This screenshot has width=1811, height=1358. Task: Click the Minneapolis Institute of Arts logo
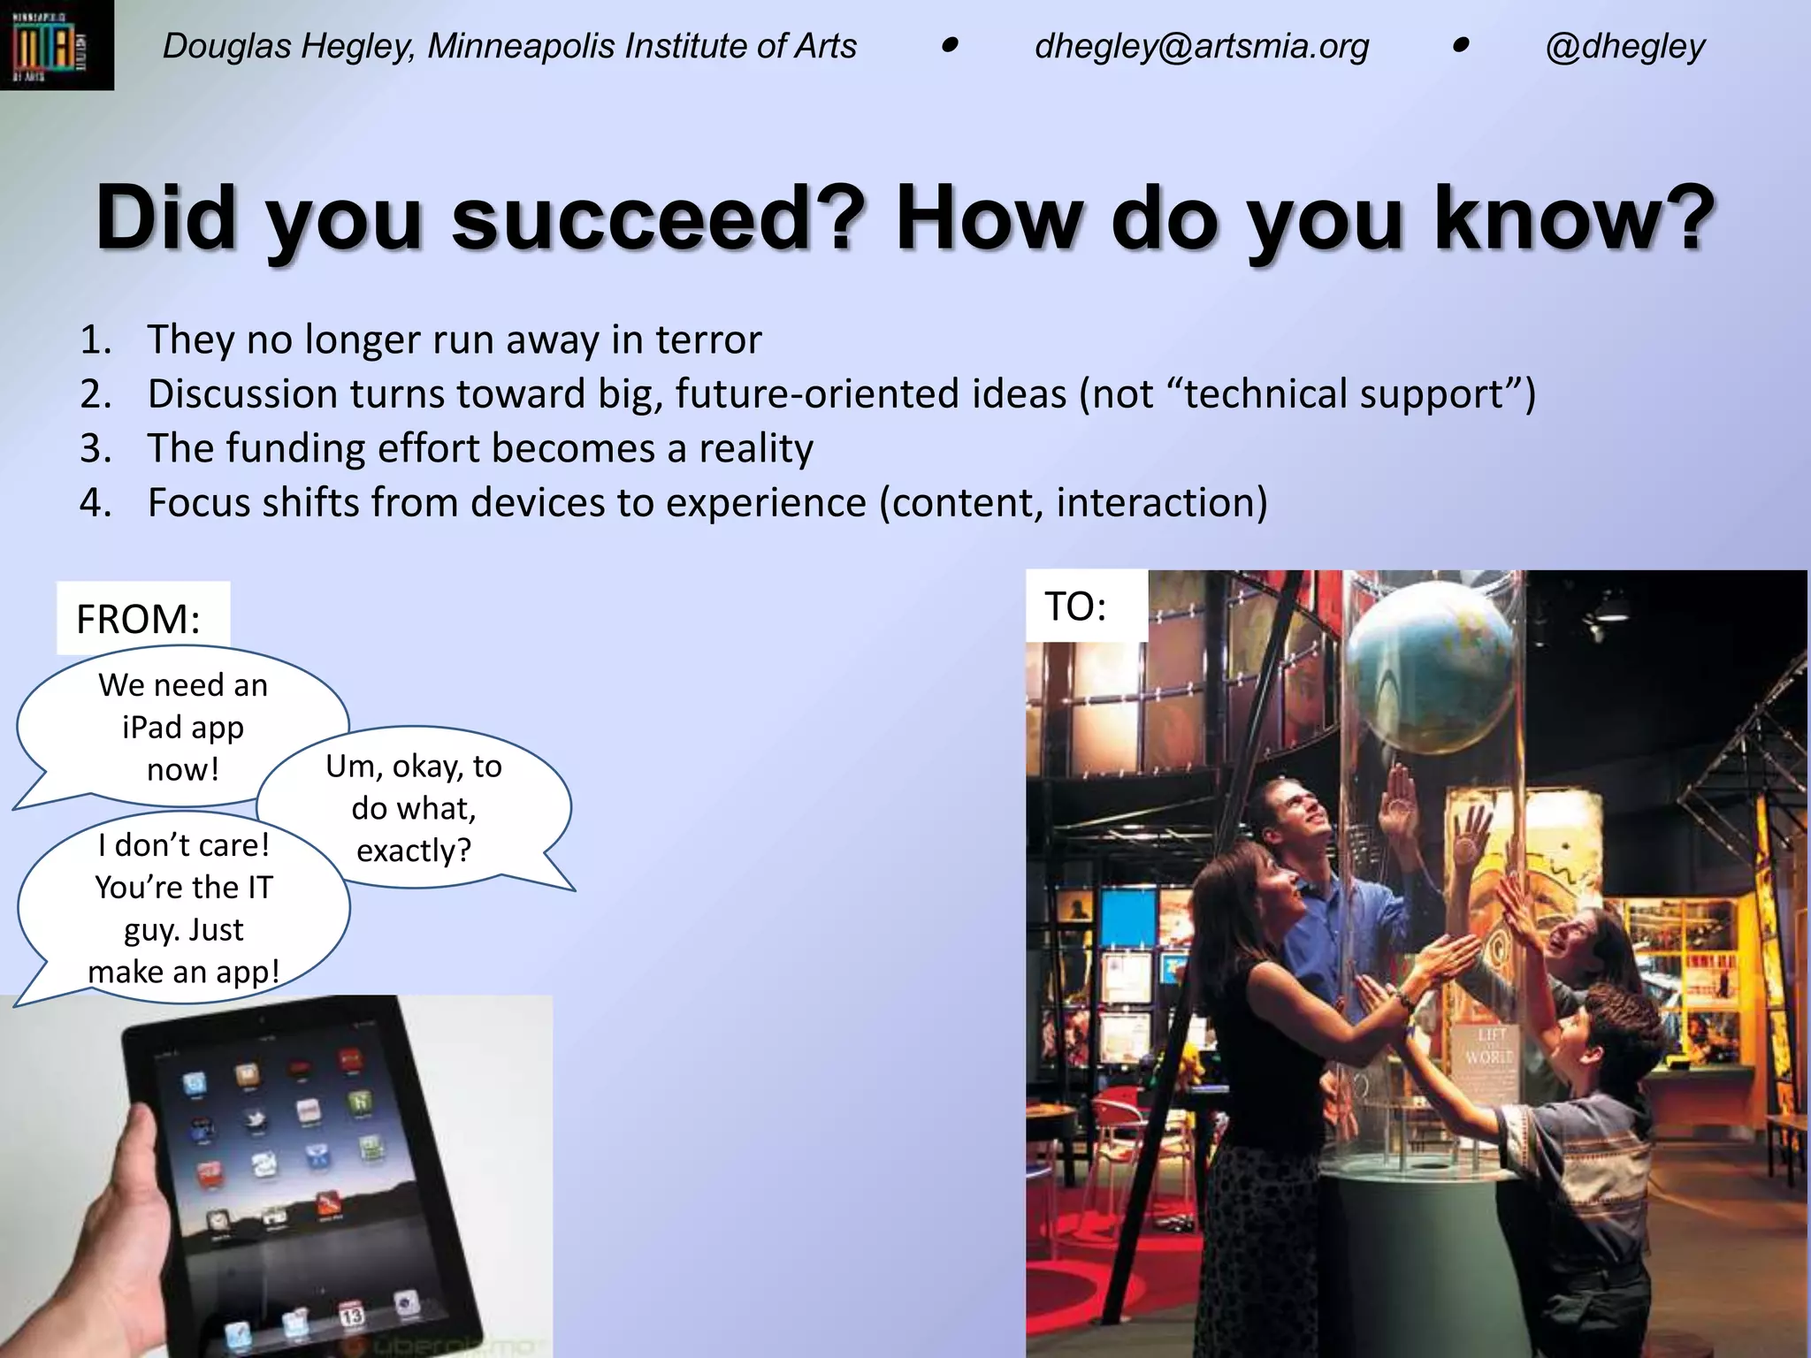(56, 45)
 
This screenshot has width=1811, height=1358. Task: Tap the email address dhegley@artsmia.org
(1202, 46)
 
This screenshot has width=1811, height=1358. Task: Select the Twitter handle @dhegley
(1625, 46)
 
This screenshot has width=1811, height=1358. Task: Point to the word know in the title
(1574, 217)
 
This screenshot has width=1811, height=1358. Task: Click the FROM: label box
(142, 618)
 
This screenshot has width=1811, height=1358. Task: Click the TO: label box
(1086, 607)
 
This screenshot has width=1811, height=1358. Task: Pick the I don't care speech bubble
(184, 908)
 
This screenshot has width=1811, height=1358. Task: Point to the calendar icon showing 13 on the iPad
(351, 1315)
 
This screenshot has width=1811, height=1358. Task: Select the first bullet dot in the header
(950, 45)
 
